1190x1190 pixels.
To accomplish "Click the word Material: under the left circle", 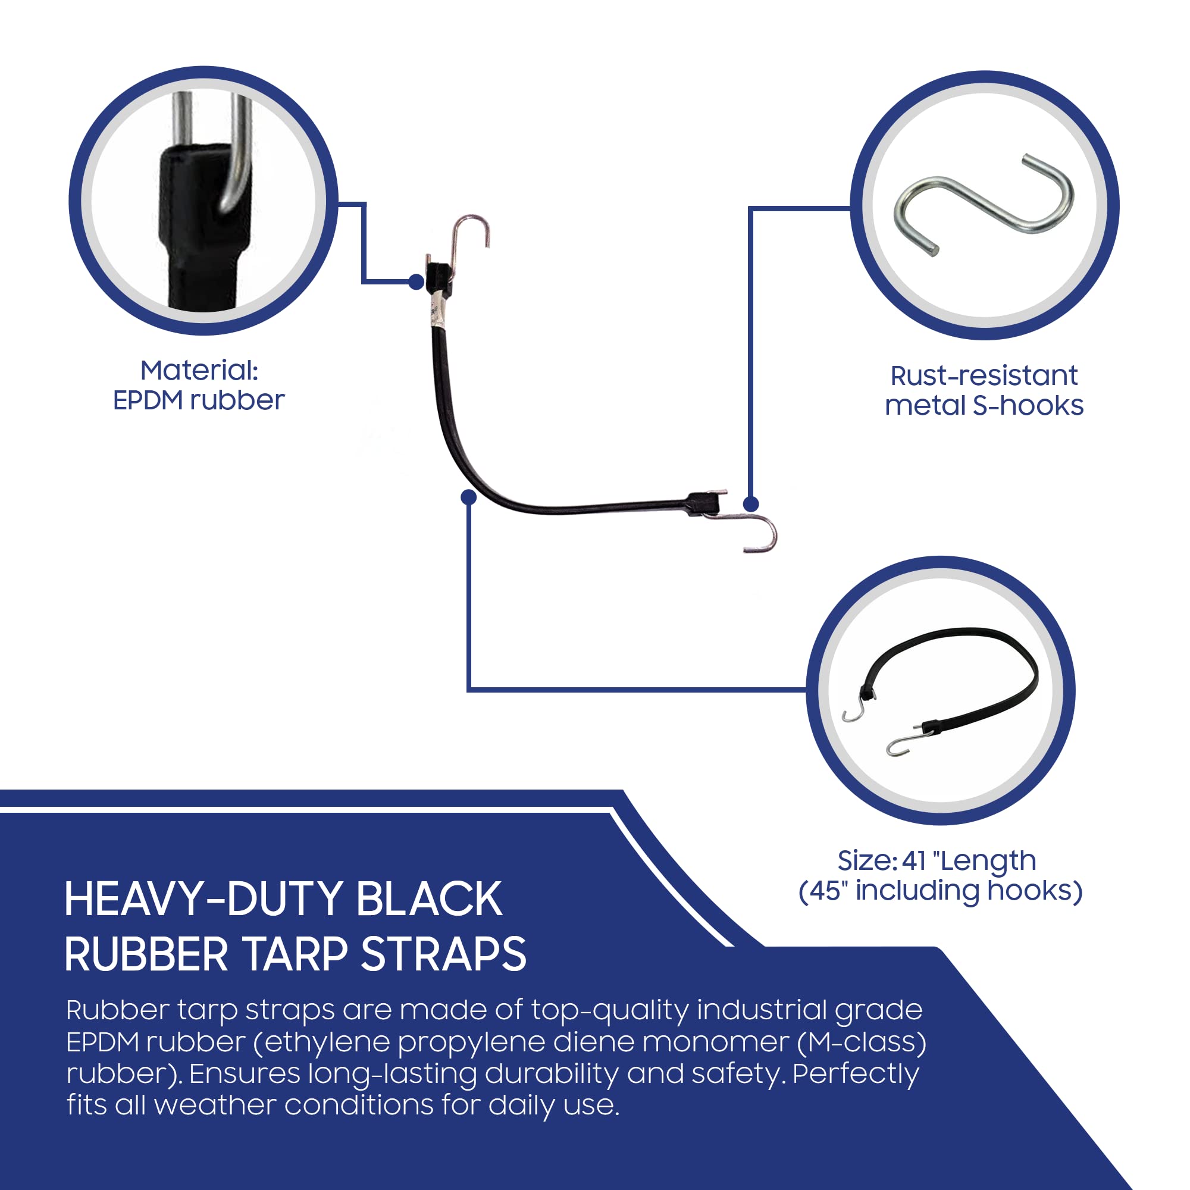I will click(199, 371).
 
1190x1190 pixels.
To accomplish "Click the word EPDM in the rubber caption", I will click(148, 401).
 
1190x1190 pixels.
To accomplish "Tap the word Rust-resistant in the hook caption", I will click(984, 375).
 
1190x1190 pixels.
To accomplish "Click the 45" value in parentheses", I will click(828, 891).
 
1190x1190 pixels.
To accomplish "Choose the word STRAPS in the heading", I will click(443, 956).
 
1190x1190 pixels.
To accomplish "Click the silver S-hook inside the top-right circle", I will click(984, 203).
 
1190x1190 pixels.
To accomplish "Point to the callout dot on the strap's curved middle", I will click(469, 497).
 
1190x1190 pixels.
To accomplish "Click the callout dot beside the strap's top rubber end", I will click(416, 282).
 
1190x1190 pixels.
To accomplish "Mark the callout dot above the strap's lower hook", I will click(751, 504).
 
